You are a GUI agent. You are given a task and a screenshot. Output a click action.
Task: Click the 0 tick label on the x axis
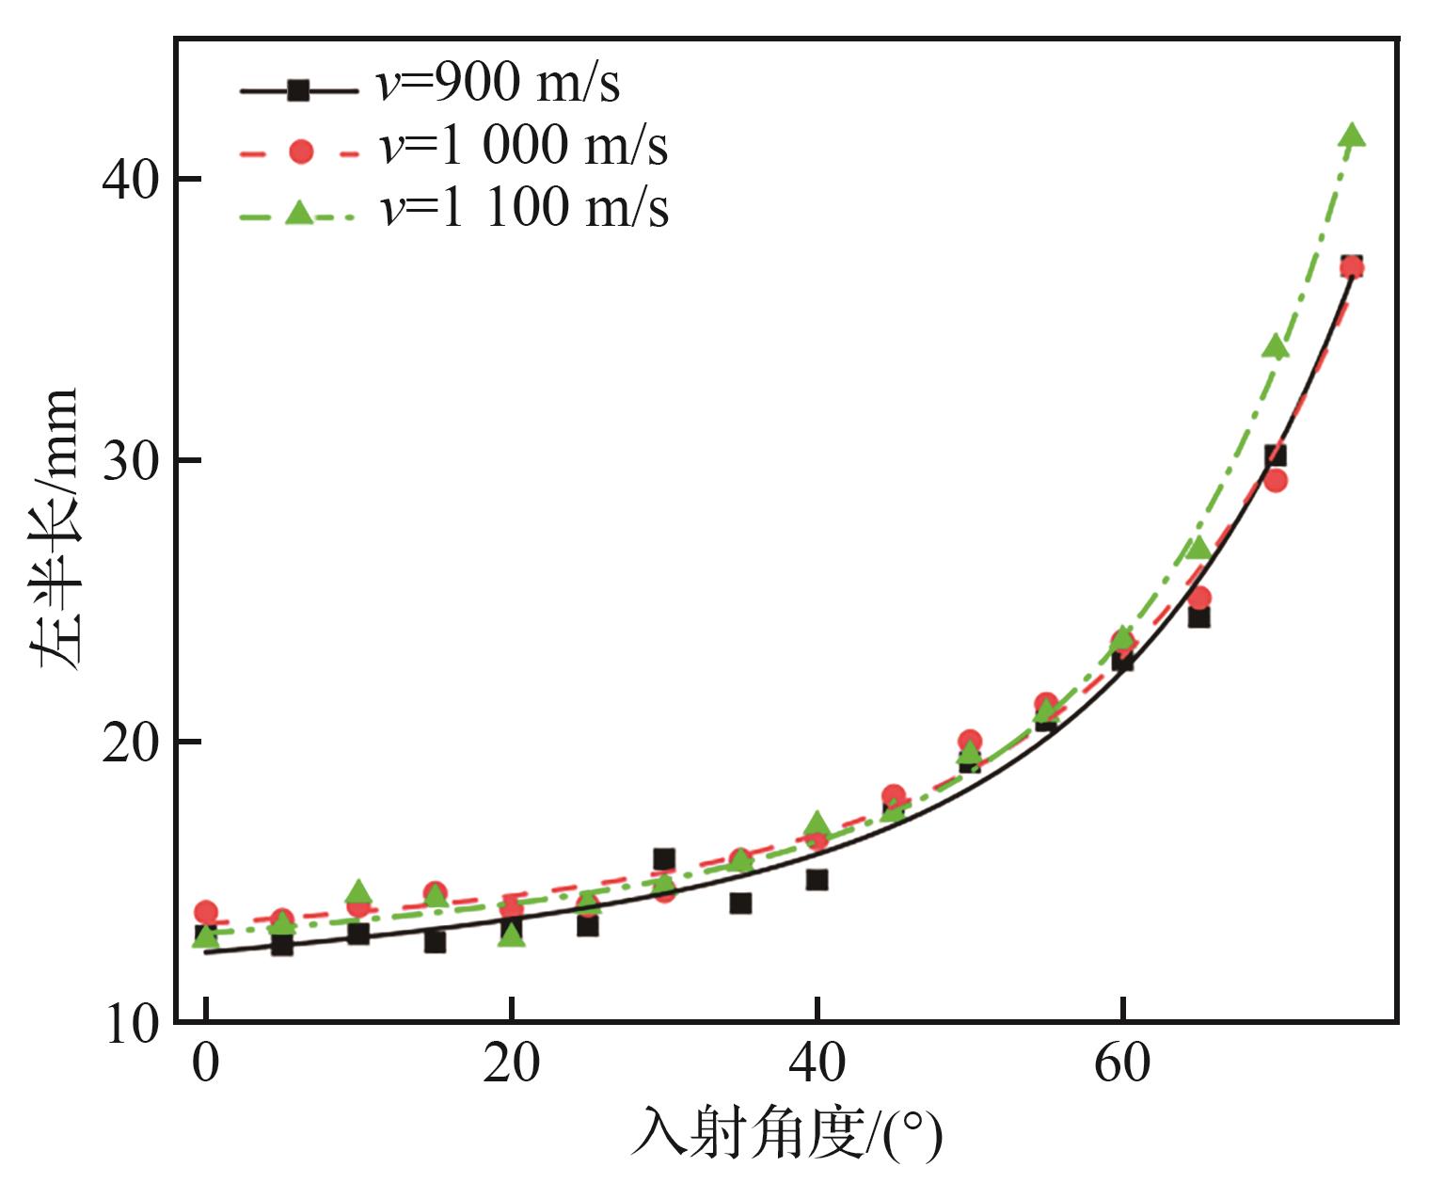point(205,1063)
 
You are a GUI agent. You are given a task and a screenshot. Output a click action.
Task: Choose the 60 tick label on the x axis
point(1122,1063)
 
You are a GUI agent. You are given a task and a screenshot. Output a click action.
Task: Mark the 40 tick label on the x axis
point(817,1063)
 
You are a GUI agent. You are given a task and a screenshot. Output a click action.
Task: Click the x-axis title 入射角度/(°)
point(785,1135)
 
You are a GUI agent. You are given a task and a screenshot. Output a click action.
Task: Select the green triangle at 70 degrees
point(1276,347)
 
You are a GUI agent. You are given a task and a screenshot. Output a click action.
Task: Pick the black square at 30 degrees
point(664,858)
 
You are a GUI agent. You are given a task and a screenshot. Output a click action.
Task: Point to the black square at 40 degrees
point(817,880)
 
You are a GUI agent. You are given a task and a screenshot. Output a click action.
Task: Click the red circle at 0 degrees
point(205,912)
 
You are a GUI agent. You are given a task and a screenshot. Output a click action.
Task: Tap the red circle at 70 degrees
point(1276,481)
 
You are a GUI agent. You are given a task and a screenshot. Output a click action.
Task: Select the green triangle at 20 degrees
point(511,935)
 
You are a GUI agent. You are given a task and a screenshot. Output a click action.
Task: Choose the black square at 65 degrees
point(1198,617)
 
